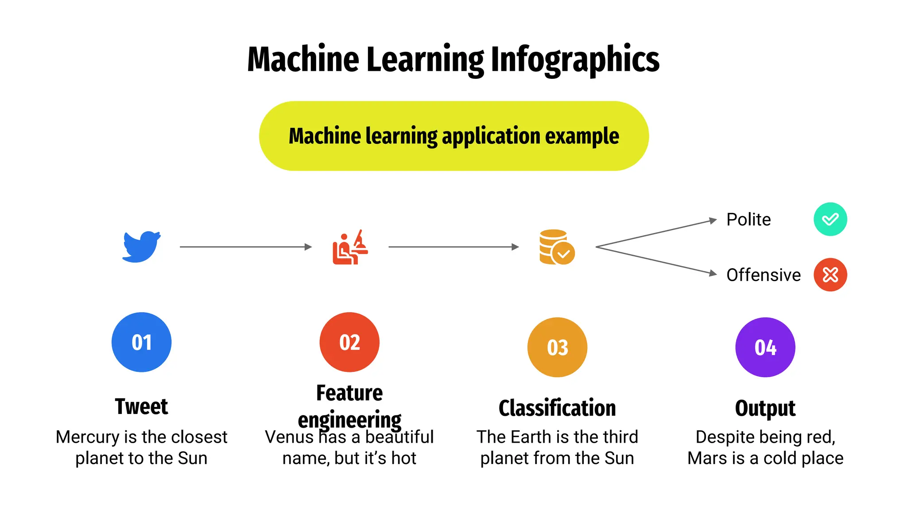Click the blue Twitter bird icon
(x=141, y=247)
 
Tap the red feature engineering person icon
(x=350, y=247)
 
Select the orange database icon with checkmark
(x=557, y=247)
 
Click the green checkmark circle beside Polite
(x=830, y=219)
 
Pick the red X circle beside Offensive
(x=830, y=274)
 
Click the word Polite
(x=748, y=220)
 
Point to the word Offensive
(x=764, y=275)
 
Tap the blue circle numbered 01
(x=141, y=342)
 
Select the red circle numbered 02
(x=349, y=342)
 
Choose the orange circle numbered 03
(x=557, y=347)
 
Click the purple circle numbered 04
(x=765, y=347)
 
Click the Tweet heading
(x=141, y=406)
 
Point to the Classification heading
(x=557, y=408)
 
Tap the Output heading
(x=765, y=408)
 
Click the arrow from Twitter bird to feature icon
(x=245, y=247)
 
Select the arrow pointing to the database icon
(x=453, y=247)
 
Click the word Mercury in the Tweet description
(x=88, y=437)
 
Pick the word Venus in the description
(x=289, y=437)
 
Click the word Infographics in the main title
(x=575, y=59)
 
